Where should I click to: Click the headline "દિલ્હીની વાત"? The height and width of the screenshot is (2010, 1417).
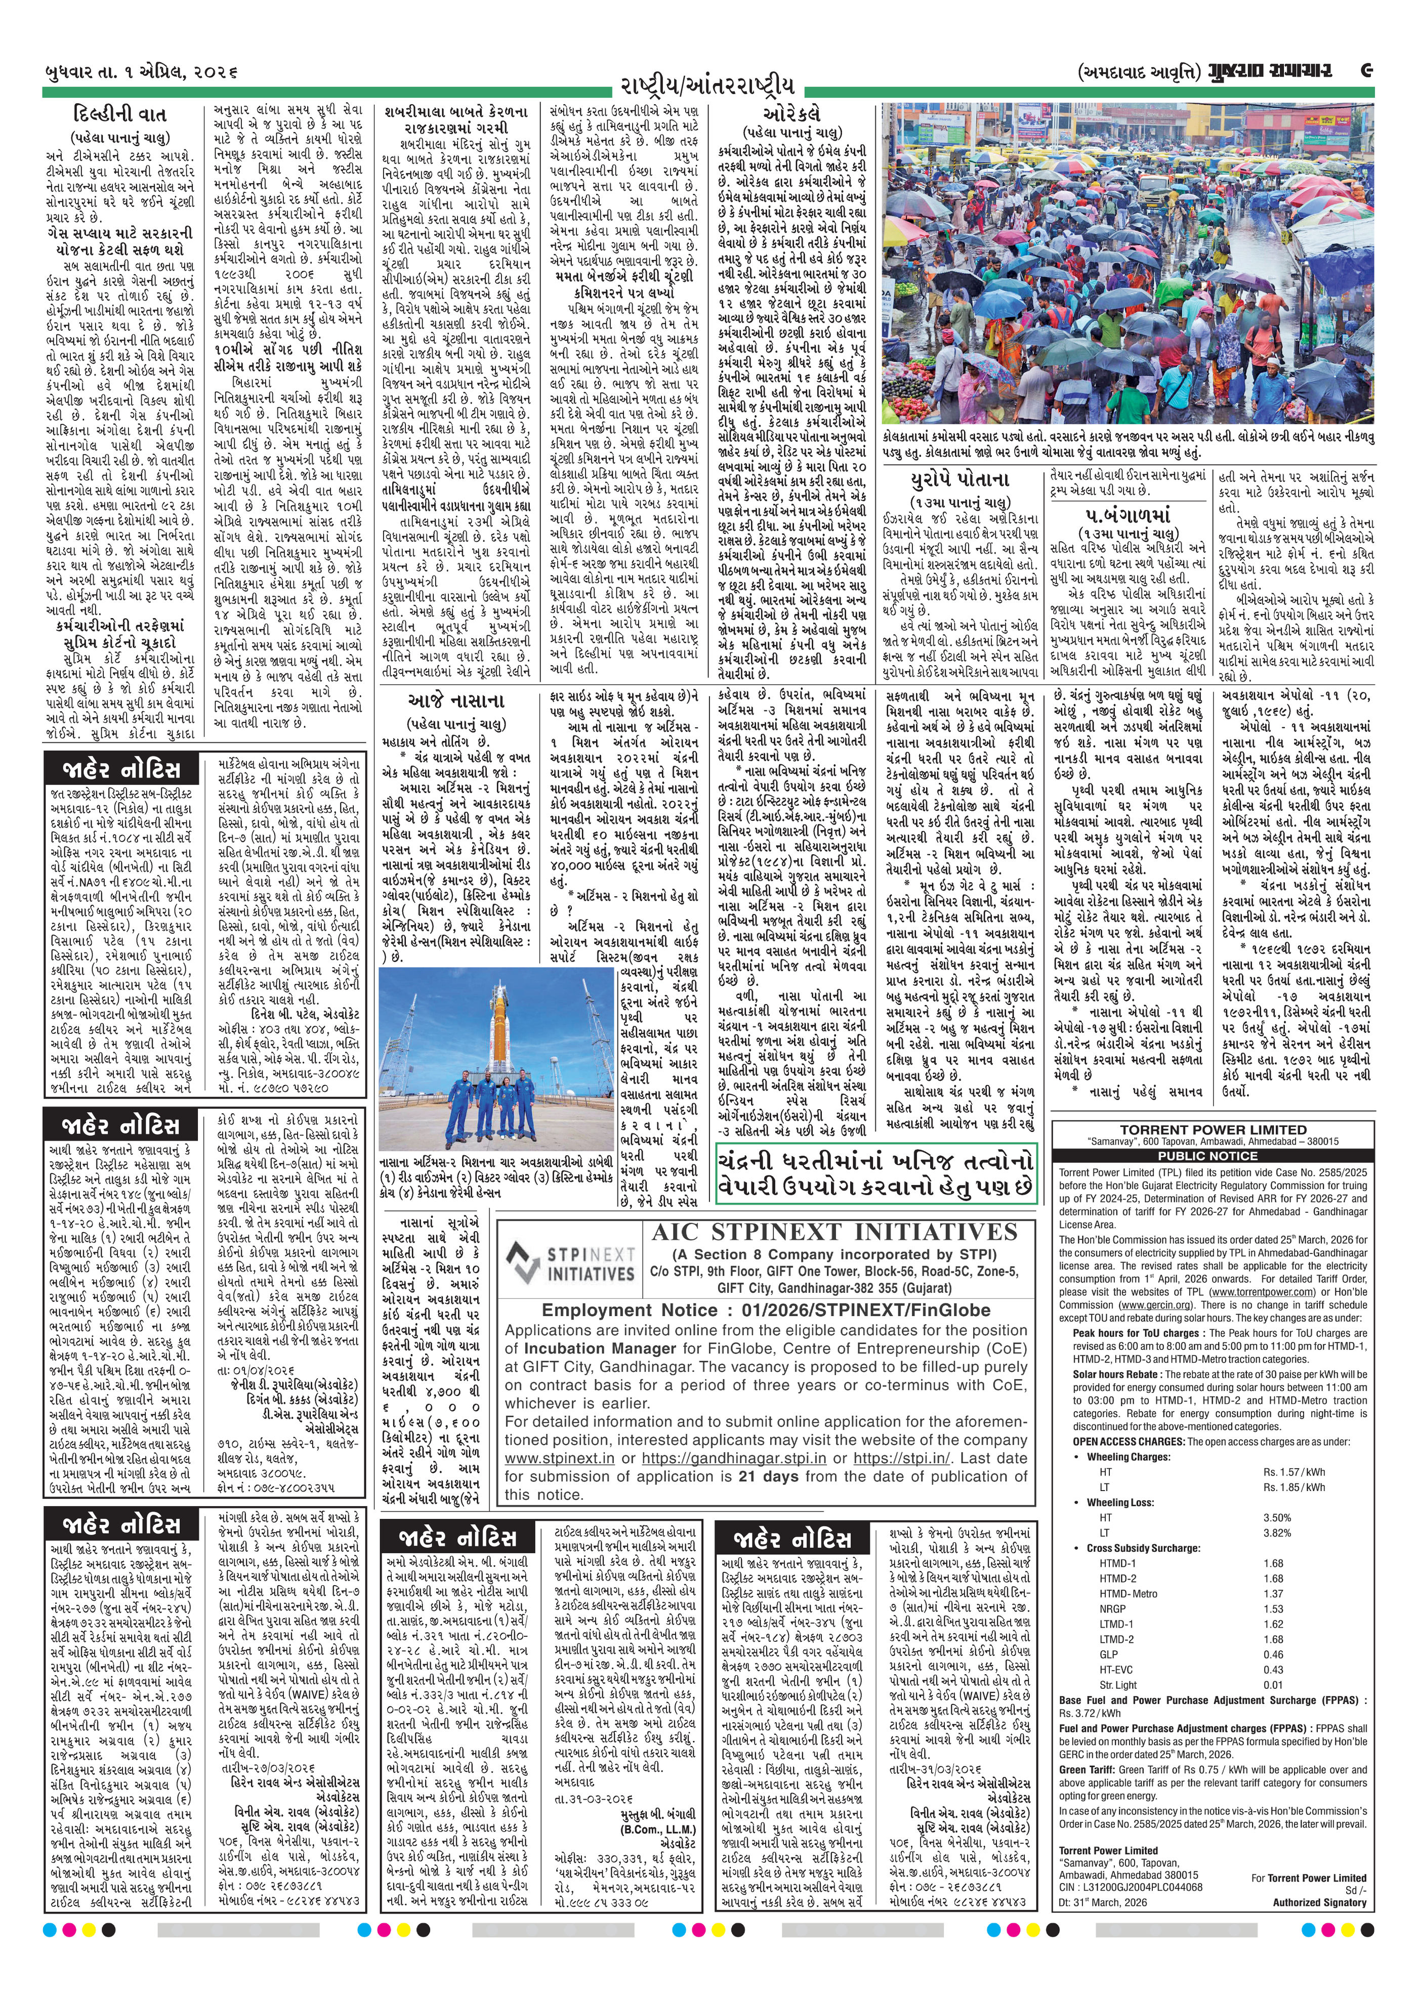coord(120,115)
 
